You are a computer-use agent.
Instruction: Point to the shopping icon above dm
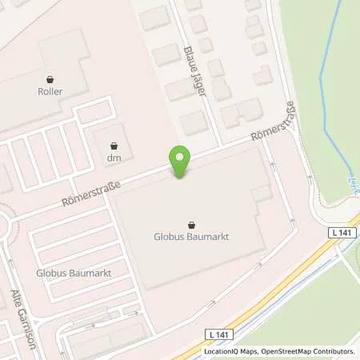[x=112, y=146]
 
